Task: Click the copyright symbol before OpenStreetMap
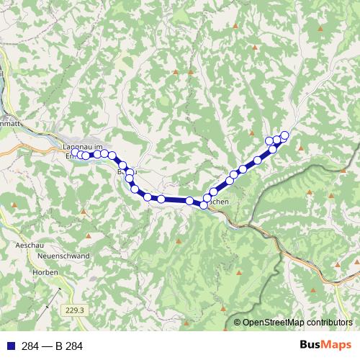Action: (237, 323)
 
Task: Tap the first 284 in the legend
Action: (30, 346)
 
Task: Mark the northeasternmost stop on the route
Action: (284, 135)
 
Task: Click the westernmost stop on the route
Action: (76, 153)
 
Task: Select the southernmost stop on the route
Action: (204, 205)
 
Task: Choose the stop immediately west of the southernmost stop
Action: (189, 201)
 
